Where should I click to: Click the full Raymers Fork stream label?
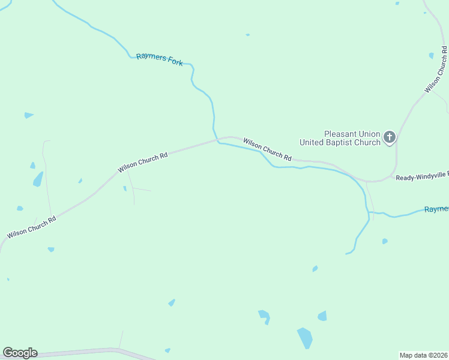click(159, 59)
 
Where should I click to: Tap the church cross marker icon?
click(389, 138)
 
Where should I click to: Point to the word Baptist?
click(350, 143)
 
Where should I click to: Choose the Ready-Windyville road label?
click(421, 177)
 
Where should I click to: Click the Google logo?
click(20, 353)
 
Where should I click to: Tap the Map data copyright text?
click(423, 355)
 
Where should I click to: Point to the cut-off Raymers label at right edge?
click(436, 209)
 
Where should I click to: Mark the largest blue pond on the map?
click(305, 338)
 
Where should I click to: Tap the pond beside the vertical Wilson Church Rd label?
click(431, 56)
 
